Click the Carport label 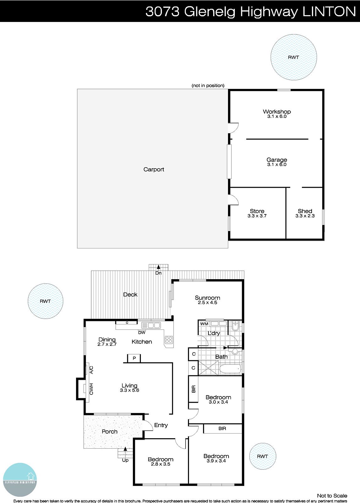[154, 169]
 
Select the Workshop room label [277, 112]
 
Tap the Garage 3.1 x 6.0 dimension [277, 164]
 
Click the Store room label [257, 211]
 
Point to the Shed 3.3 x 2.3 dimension [305, 216]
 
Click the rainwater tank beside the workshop [293, 57]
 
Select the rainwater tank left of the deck [45, 301]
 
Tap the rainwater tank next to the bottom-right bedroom [263, 456]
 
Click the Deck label [130, 295]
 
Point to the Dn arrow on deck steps [158, 267]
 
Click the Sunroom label [207, 298]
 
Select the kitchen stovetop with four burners [169, 340]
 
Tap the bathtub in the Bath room [230, 369]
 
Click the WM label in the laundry [204, 324]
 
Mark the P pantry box [134, 358]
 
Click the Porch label [109, 432]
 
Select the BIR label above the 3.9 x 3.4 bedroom [222, 428]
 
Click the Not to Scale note [332, 495]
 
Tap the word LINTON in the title [329, 12]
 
